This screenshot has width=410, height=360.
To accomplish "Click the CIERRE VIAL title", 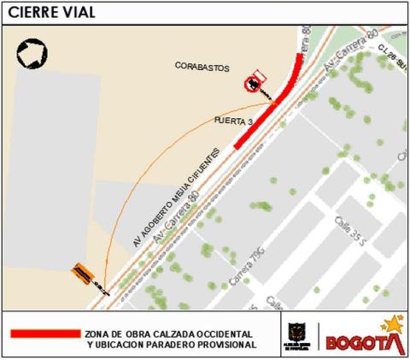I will tap(50, 12).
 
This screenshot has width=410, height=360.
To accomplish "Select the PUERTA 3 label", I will tap(233, 123).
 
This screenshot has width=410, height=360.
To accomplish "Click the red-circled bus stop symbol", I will tap(253, 84).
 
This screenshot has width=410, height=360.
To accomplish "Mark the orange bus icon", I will tap(83, 272).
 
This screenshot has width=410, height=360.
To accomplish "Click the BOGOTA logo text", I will tap(359, 342).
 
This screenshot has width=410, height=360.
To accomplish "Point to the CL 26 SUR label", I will tap(392, 57).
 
